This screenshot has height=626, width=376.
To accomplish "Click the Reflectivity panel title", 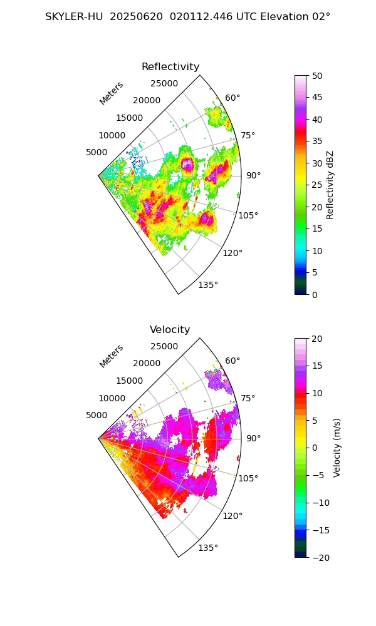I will [170, 67].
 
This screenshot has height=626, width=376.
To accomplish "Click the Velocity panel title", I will [170, 330].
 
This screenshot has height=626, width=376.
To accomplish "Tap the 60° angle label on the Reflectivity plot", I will [232, 98].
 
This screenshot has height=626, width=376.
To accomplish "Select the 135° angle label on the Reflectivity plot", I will [208, 285].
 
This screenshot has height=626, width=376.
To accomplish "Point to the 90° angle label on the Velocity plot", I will [253, 438].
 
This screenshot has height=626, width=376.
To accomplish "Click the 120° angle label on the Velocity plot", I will [232, 516].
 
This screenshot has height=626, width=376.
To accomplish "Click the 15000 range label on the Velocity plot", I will [129, 381].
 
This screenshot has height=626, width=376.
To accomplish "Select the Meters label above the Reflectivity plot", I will [112, 93].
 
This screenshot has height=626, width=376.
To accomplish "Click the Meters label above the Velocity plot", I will [112, 356].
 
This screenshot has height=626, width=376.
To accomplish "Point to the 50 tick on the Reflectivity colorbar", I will [317, 76].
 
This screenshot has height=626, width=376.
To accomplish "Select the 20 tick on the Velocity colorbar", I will [317, 339].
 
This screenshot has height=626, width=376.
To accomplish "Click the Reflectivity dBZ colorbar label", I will [330, 185].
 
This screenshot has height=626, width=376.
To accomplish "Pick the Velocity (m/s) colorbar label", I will [337, 448].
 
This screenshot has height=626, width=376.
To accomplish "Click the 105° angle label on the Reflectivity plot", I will [248, 215].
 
